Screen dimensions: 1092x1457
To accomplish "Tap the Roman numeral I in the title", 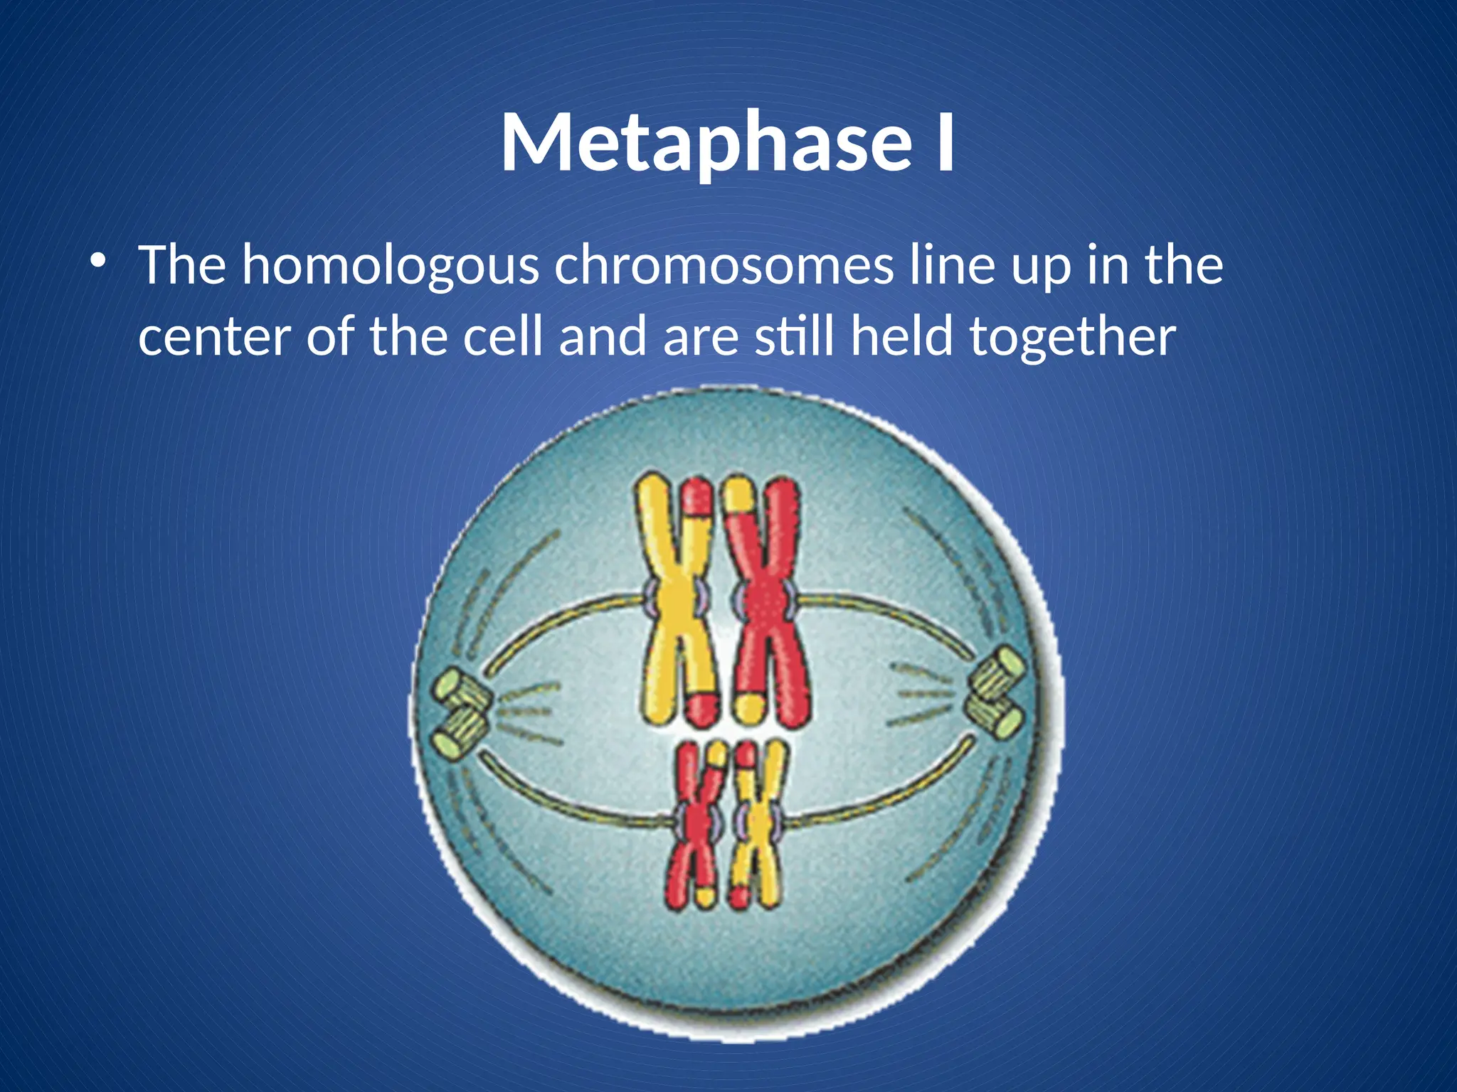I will coord(944,144).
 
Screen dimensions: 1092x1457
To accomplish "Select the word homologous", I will coord(390,266).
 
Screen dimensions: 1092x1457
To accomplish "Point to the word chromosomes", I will coord(724,264).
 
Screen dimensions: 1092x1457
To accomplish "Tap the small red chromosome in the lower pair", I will coord(696,825).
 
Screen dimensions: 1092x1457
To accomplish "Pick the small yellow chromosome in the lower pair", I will coord(760,825).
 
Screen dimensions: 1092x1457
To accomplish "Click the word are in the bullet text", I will coord(701,338).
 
